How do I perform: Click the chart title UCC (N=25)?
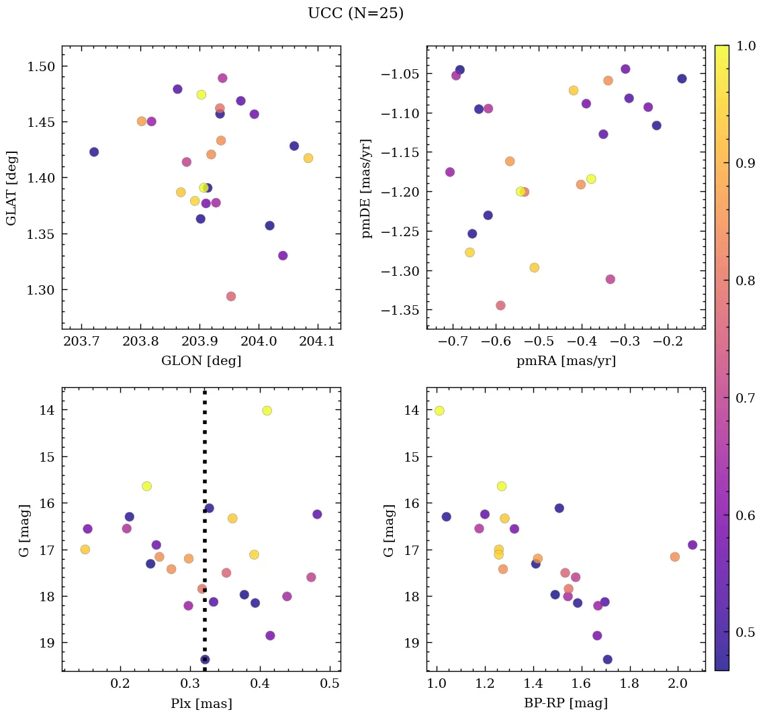click(355, 13)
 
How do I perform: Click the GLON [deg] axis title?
click(201, 361)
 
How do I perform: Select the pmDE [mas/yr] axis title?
click(367, 187)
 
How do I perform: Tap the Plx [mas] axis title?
click(201, 704)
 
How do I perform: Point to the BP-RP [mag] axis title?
click(566, 704)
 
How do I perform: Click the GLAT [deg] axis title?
click(11, 188)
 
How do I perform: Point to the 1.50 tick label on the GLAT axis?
click(43, 66)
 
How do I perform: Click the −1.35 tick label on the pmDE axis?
click(400, 311)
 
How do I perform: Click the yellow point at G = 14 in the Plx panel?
click(267, 411)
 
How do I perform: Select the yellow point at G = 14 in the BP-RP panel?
click(439, 411)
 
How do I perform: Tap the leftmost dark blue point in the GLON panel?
click(94, 152)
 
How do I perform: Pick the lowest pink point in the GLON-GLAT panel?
click(231, 297)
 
